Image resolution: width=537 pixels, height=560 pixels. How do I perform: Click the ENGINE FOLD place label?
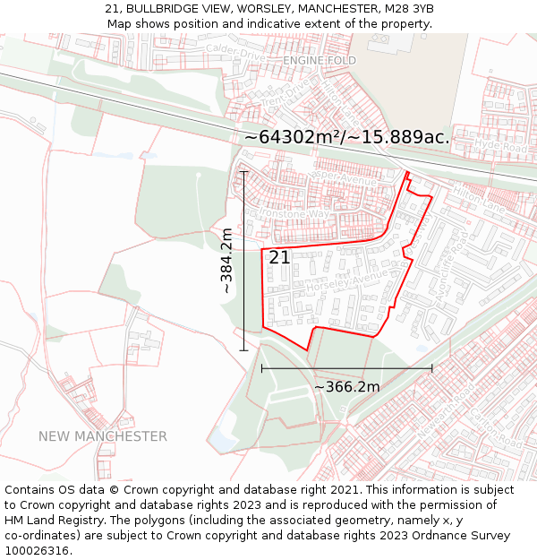(320, 60)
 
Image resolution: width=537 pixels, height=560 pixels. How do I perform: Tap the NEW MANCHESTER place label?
(102, 436)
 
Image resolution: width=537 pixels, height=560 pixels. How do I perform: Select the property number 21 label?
(279, 257)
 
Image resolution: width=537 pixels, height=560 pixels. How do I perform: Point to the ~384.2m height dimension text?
(226, 261)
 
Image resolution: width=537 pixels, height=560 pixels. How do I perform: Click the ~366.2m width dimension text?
(346, 387)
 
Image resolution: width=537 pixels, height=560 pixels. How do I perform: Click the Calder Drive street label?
(235, 54)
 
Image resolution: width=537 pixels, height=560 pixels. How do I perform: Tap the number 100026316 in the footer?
(37, 550)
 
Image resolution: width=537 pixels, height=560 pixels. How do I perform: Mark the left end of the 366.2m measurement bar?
(261, 367)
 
